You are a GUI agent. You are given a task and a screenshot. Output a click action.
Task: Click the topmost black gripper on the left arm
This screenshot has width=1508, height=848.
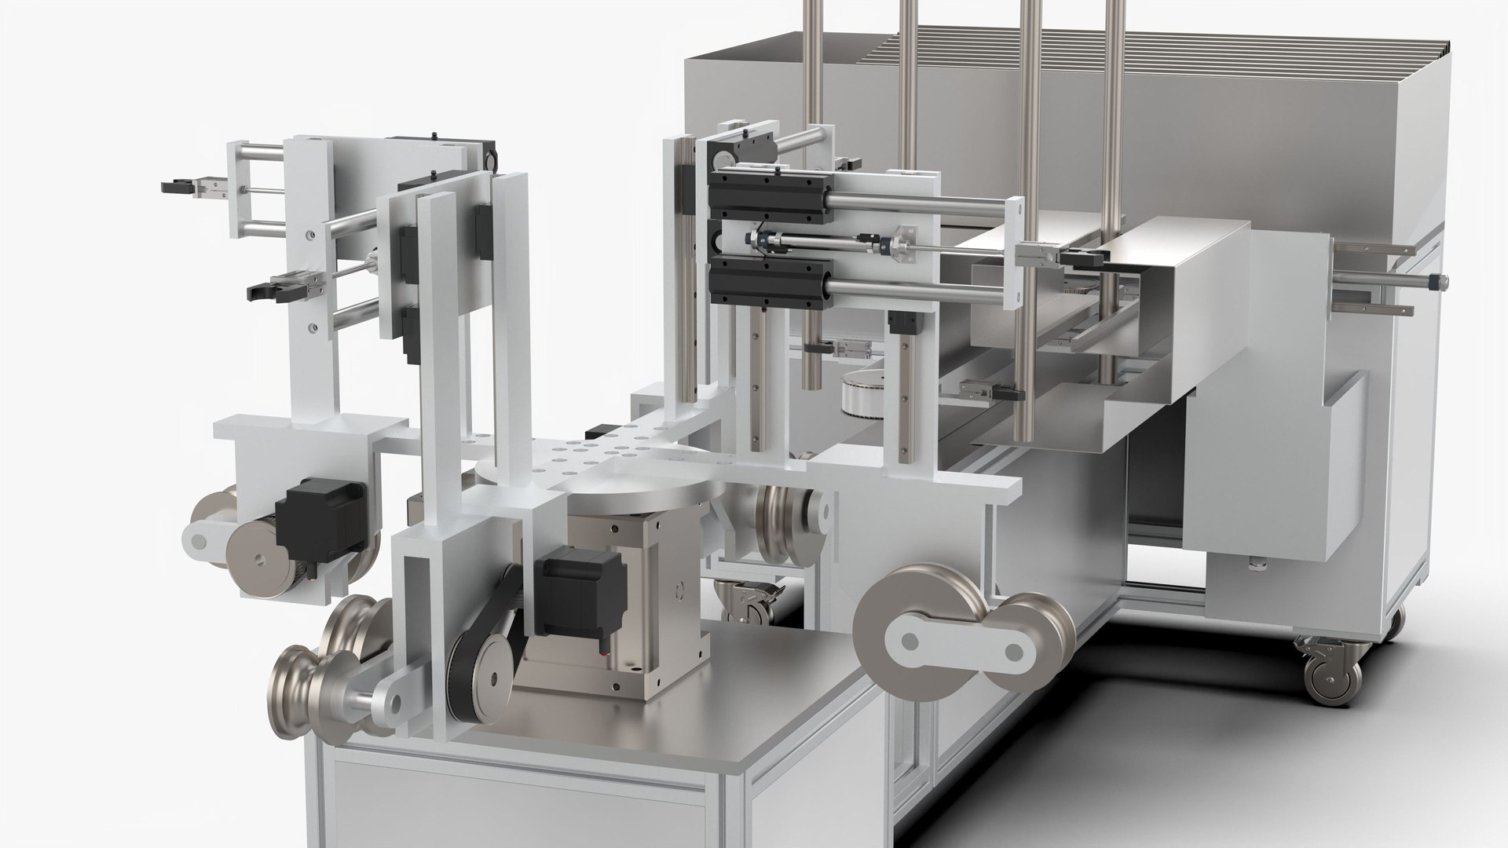coord(176,187)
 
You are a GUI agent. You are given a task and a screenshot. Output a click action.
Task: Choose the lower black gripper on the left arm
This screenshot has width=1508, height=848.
coord(263,290)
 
